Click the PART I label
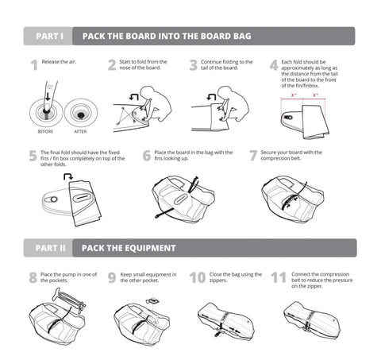(48, 36)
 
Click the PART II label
(50, 248)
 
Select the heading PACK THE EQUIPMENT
(129, 248)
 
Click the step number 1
(33, 65)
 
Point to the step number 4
(273, 65)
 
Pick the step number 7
(253, 157)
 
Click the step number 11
(278, 278)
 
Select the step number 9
(114, 278)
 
